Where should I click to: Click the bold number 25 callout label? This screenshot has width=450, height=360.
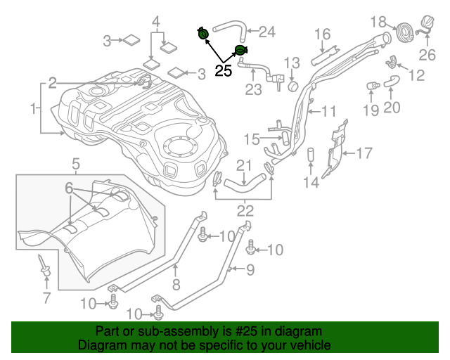pyautogui.click(x=223, y=70)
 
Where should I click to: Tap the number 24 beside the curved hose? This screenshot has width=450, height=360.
pyautogui.click(x=266, y=31)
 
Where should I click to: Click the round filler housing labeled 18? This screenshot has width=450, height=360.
pyautogui.click(x=405, y=32)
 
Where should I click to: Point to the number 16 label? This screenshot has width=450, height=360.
pyautogui.click(x=322, y=34)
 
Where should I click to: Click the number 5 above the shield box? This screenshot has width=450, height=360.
pyautogui.click(x=75, y=165)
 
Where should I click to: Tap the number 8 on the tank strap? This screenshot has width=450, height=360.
pyautogui.click(x=176, y=284)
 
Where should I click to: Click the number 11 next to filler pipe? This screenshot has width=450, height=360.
pyautogui.click(x=330, y=110)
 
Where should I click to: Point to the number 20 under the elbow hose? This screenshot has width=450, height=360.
pyautogui.click(x=392, y=108)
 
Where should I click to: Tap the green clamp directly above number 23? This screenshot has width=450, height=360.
pyautogui.click(x=240, y=50)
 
